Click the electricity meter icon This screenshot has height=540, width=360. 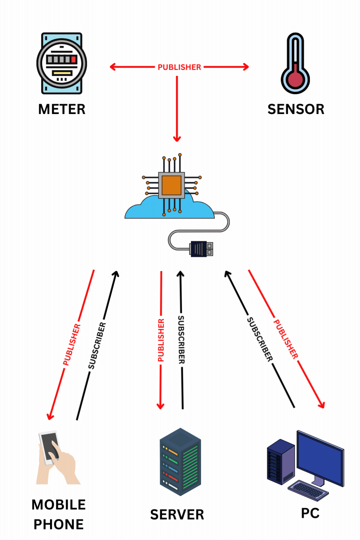(x=62, y=63)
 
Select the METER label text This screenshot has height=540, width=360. (x=62, y=109)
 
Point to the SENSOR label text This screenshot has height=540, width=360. (x=296, y=109)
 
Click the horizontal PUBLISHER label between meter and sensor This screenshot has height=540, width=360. (x=179, y=67)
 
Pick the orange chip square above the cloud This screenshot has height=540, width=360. (x=171, y=185)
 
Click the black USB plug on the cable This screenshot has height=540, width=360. (x=199, y=249)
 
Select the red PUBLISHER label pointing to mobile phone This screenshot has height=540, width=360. (x=72, y=344)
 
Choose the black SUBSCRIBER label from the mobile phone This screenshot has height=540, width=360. (x=97, y=345)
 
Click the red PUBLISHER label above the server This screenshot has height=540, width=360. (x=161, y=340)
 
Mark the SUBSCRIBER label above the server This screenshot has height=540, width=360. (x=181, y=340)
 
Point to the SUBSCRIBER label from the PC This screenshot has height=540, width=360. (x=260, y=339)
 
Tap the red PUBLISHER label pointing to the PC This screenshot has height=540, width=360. (x=286, y=339)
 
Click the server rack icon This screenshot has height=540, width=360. (x=180, y=461)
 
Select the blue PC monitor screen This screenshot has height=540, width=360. (x=320, y=456)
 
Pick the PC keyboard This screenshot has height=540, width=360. (x=308, y=490)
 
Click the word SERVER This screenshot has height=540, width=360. (x=177, y=514)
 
